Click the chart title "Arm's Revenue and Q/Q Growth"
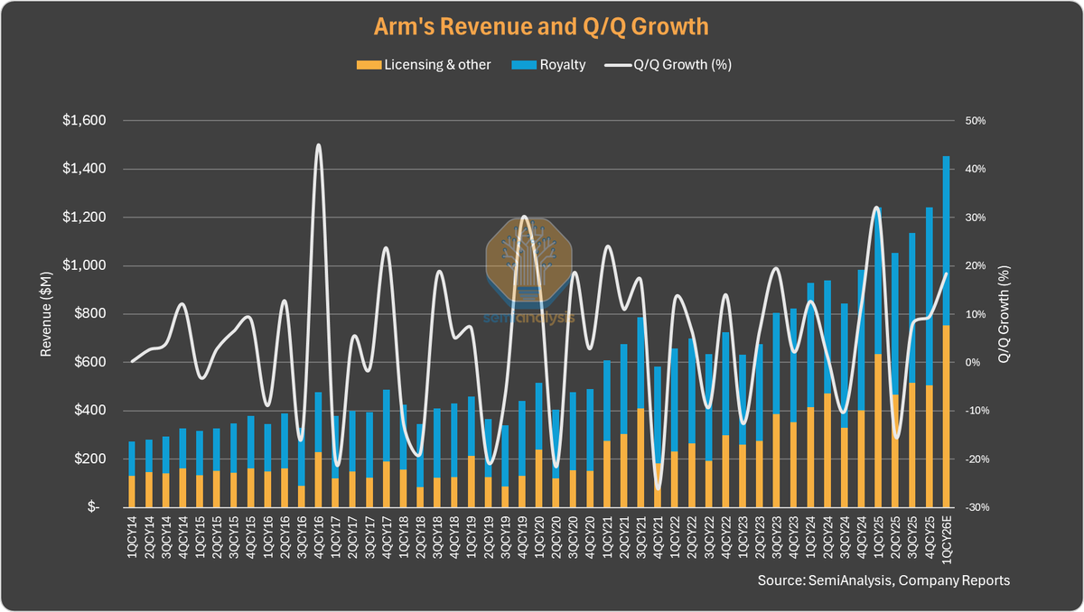click(542, 26)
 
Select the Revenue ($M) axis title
click(46, 314)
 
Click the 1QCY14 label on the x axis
click(133, 538)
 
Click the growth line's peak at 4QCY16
click(318, 145)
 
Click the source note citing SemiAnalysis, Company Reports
click(883, 580)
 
